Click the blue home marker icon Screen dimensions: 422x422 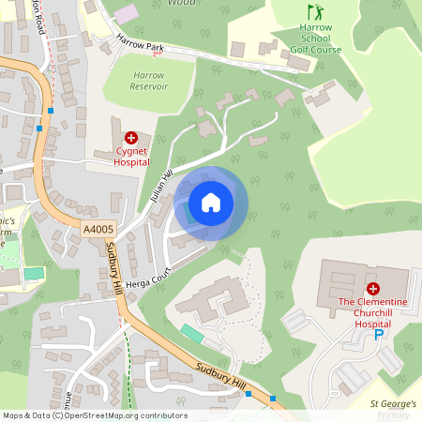click(x=211, y=203)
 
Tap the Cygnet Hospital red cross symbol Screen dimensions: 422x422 click(x=130, y=137)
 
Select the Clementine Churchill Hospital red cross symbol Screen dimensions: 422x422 click(x=372, y=289)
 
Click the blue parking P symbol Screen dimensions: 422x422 click(x=380, y=334)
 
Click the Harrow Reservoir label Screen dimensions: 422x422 click(x=148, y=79)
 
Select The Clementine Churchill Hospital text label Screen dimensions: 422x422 click(x=373, y=312)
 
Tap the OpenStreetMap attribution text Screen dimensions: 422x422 click(x=95, y=415)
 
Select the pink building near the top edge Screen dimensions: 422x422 click(x=126, y=15)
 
